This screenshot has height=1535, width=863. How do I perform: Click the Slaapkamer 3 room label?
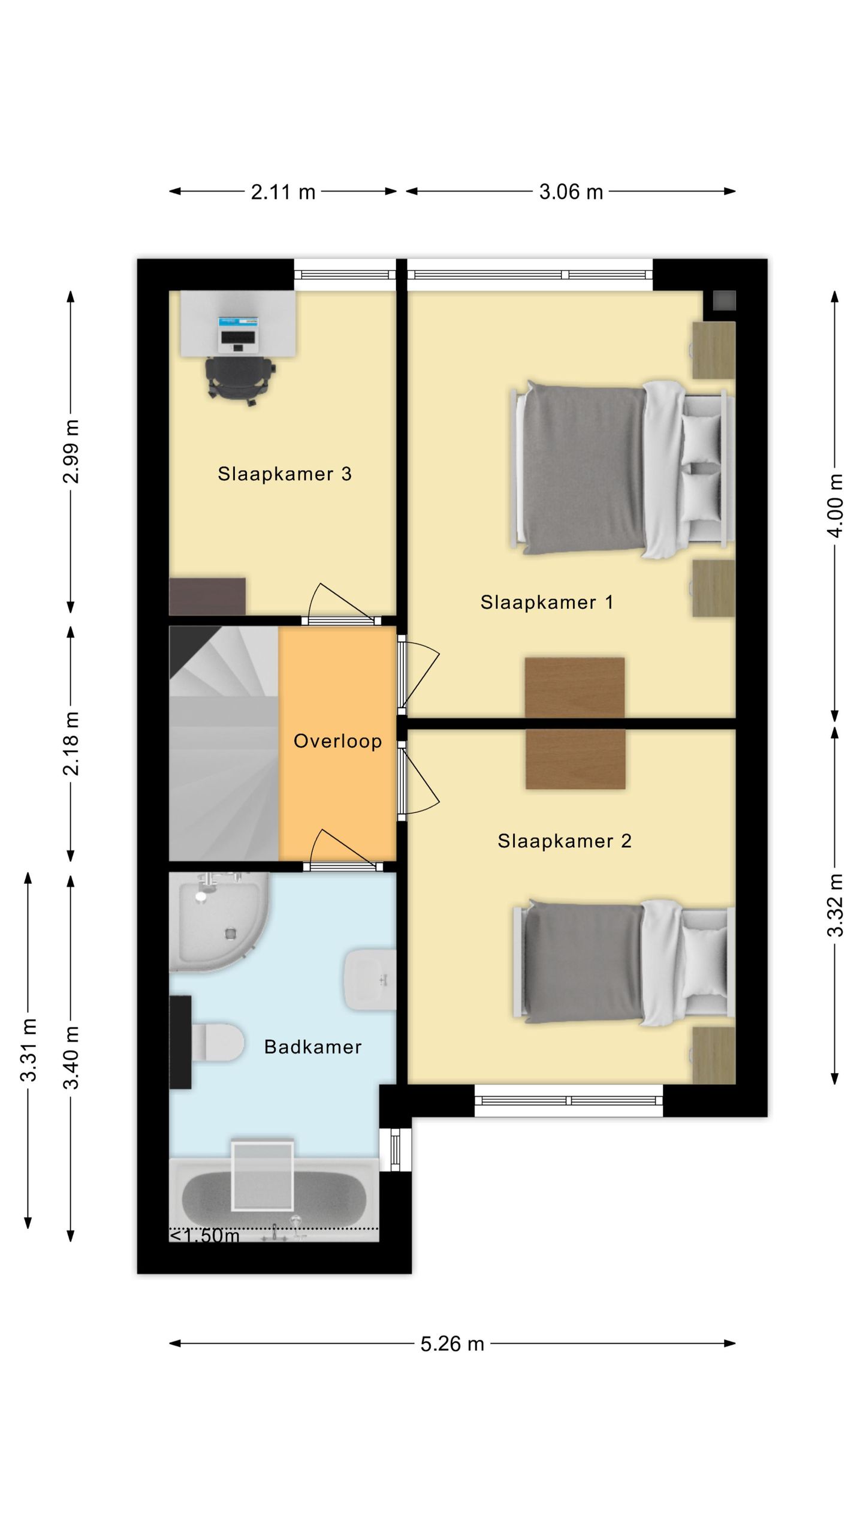tap(285, 474)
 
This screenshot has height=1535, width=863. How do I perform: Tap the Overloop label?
tap(337, 741)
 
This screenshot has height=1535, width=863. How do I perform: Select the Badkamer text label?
tap(313, 1047)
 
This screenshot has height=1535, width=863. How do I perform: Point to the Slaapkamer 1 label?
tap(547, 603)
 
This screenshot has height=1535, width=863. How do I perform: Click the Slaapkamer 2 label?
tap(565, 841)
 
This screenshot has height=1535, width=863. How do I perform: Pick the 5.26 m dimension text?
tap(452, 1344)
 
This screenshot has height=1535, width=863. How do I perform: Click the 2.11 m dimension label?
tap(283, 192)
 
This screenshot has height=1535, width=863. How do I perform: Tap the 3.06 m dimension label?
tap(571, 192)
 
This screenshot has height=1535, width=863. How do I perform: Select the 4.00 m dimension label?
tap(836, 505)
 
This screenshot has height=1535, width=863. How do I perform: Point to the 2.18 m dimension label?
tap(71, 744)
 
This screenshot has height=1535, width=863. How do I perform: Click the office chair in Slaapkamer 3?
tap(239, 381)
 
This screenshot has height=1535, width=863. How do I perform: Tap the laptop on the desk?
tap(239, 335)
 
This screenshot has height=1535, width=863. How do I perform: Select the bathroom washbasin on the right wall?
tap(370, 979)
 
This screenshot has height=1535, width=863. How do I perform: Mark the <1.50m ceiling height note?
tap(205, 1236)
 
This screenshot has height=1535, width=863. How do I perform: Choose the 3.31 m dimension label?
tap(29, 1049)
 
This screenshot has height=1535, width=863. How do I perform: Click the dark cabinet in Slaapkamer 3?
tap(207, 596)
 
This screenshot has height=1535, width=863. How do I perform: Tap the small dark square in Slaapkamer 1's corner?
tap(724, 300)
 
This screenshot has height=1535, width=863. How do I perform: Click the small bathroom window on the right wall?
tap(396, 1149)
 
